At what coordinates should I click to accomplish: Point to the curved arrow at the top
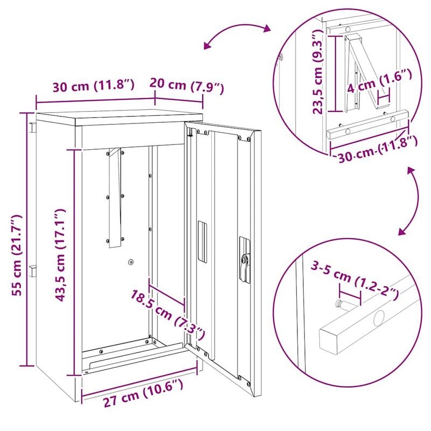point(237,36)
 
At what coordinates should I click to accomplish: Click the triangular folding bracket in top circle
point(361,75)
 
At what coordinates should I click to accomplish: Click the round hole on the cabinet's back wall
point(130,262)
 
